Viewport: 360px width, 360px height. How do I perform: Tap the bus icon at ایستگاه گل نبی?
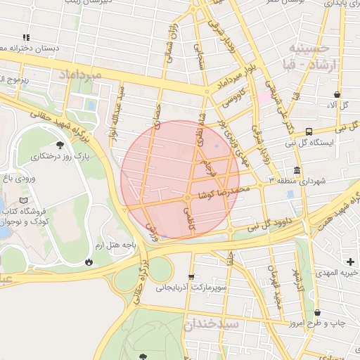[x=309, y=131]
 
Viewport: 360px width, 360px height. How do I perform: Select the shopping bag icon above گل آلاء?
[x=337, y=94]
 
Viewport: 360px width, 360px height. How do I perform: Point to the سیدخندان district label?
[x=212, y=324]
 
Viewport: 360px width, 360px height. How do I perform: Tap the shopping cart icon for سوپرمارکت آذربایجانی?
[x=191, y=277]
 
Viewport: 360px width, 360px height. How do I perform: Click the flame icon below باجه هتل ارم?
[x=89, y=262]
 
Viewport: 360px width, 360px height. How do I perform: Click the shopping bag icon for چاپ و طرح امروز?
[x=317, y=313]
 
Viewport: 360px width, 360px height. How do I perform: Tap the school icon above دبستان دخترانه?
[x=26, y=37]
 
